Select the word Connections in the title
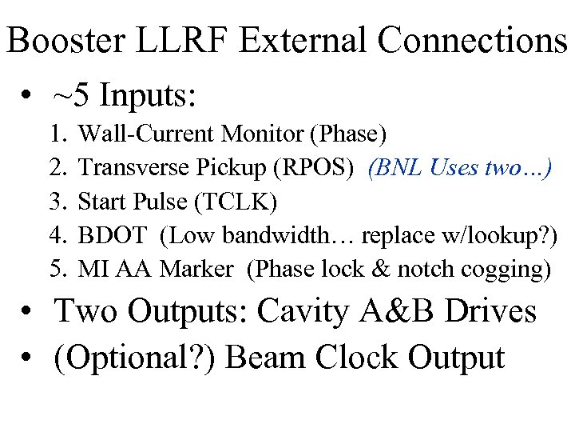pyautogui.click(x=478, y=42)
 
